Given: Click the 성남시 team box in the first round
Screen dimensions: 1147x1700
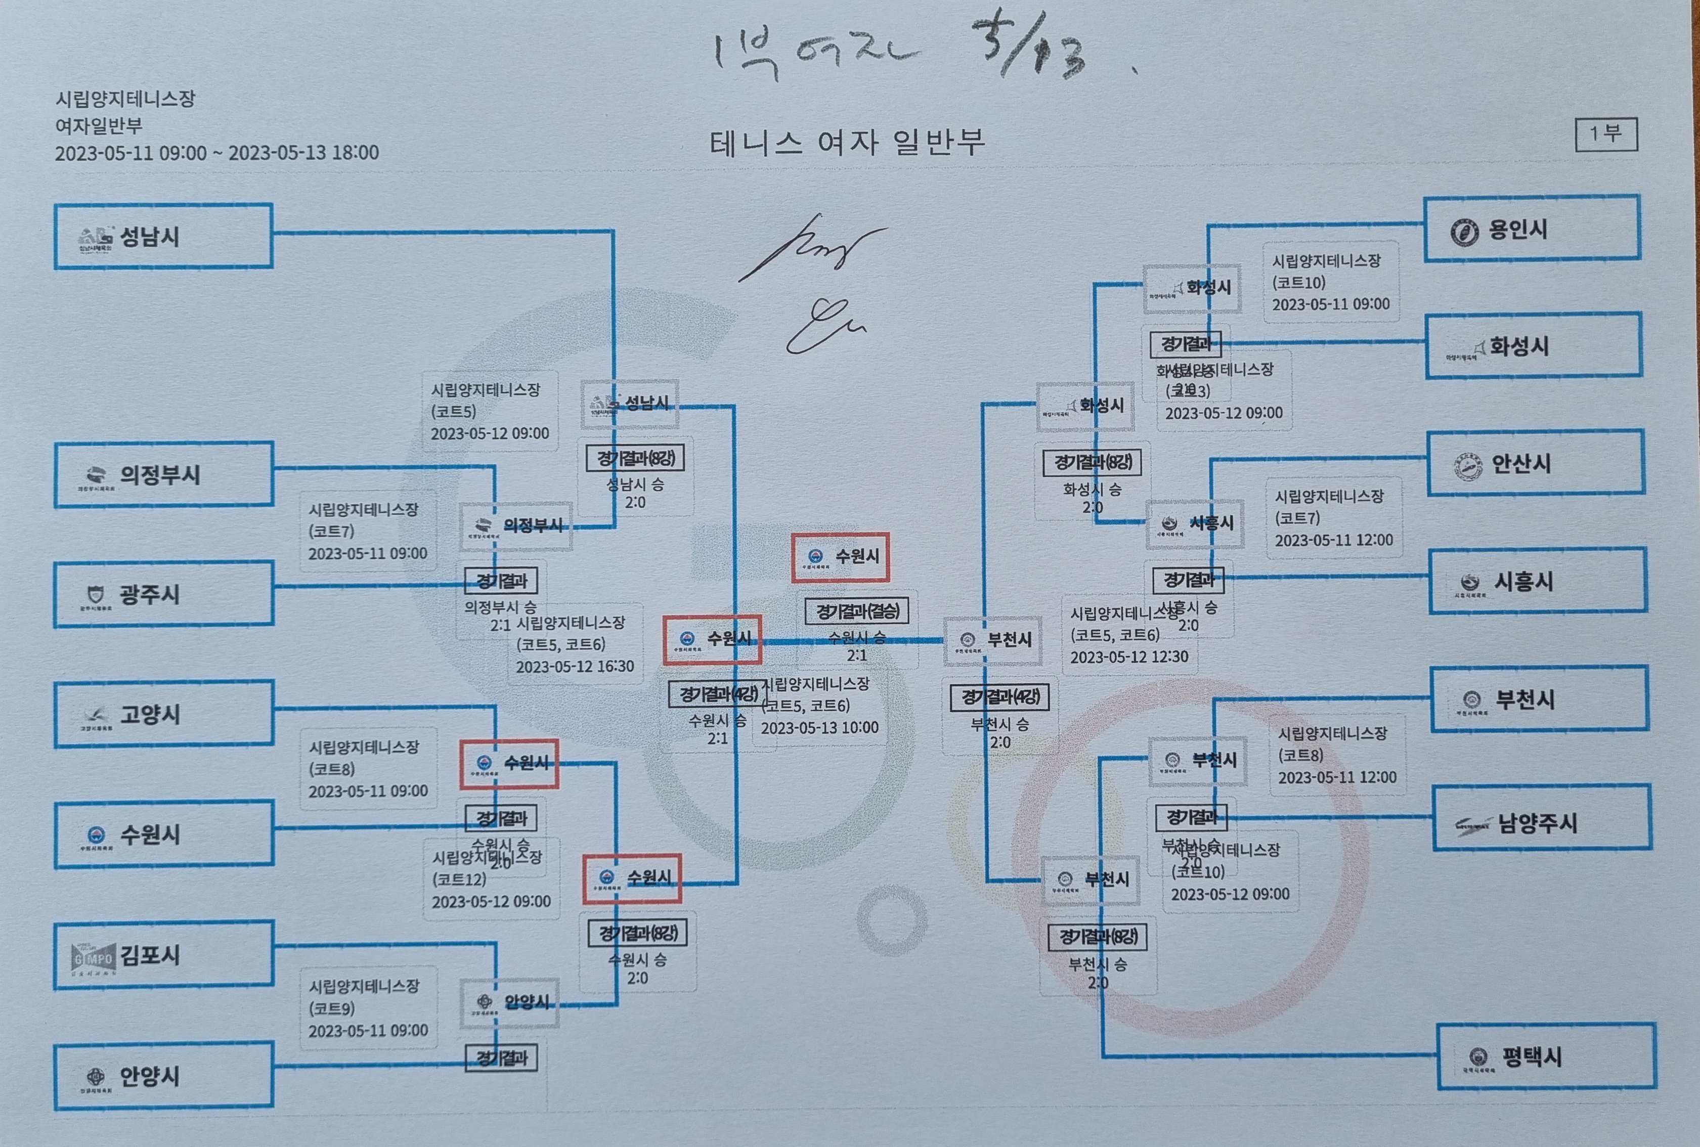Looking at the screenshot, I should click(163, 236).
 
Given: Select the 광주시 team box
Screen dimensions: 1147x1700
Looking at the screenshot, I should click(163, 594).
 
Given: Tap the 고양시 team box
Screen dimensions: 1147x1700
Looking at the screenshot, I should click(163, 714).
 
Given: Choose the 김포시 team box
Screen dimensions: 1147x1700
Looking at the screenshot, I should click(163, 955).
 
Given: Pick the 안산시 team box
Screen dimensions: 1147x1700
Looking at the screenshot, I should click(1536, 463).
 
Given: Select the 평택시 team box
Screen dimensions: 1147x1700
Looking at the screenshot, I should click(1546, 1057).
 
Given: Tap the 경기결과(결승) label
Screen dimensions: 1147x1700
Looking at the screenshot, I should click(857, 611).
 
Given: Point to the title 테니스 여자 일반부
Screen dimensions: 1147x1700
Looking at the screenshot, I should click(847, 142).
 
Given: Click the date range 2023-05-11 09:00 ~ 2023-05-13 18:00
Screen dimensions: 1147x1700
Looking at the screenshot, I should click(216, 153).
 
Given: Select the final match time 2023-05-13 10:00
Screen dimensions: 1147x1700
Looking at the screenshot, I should click(819, 728).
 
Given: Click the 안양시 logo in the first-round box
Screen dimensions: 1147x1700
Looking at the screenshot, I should click(96, 1076).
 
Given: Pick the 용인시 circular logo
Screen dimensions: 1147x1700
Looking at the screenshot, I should click(1464, 232).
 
